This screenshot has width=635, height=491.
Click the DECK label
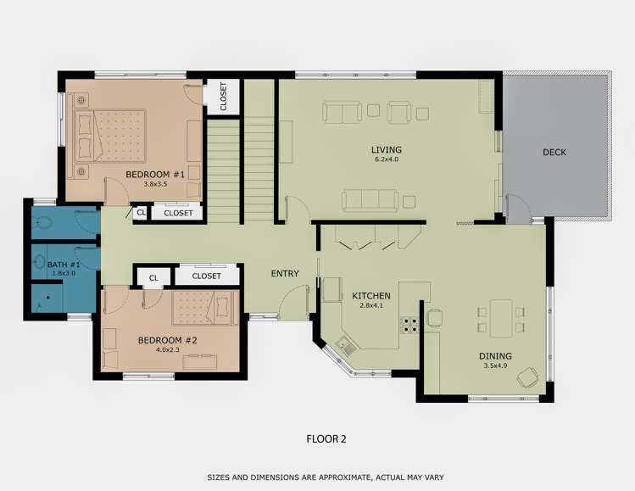pyautogui.click(x=554, y=153)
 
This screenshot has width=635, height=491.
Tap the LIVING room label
pyautogui.click(x=385, y=149)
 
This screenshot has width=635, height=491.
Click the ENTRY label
pyautogui.click(x=285, y=273)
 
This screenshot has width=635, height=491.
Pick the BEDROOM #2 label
pyautogui.click(x=167, y=341)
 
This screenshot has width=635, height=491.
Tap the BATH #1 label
pyautogui.click(x=64, y=265)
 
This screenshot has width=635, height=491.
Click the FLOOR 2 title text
pyautogui.click(x=326, y=439)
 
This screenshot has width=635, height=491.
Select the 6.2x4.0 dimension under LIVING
pyautogui.click(x=385, y=159)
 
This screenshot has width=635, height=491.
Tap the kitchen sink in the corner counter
pyautogui.click(x=344, y=344)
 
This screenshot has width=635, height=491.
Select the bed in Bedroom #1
pyautogui.click(x=108, y=135)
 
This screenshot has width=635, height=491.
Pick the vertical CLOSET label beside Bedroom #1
pyautogui.click(x=223, y=96)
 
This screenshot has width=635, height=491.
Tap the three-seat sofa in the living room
pyautogui.click(x=370, y=200)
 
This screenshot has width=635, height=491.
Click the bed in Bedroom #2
pyautogui.click(x=203, y=307)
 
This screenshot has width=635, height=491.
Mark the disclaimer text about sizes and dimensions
pyautogui.click(x=326, y=477)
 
